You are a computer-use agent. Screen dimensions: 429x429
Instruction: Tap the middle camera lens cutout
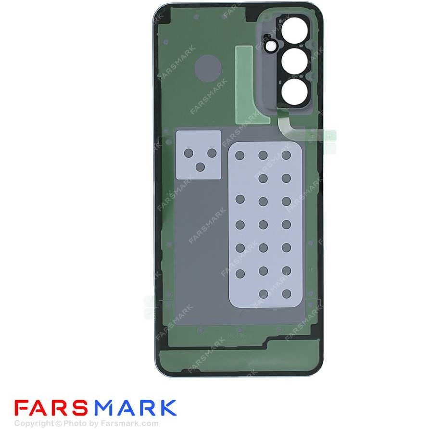point(294,61)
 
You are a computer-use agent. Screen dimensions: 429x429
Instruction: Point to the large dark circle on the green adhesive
point(208,68)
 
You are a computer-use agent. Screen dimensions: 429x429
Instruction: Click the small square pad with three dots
point(199,155)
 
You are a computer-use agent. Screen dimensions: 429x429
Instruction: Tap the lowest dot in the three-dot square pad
point(200,167)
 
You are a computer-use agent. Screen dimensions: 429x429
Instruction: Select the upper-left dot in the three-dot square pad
point(189,153)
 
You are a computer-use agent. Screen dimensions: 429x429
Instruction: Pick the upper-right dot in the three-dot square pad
point(212,153)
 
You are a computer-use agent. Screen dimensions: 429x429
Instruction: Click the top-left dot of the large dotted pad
point(240,155)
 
